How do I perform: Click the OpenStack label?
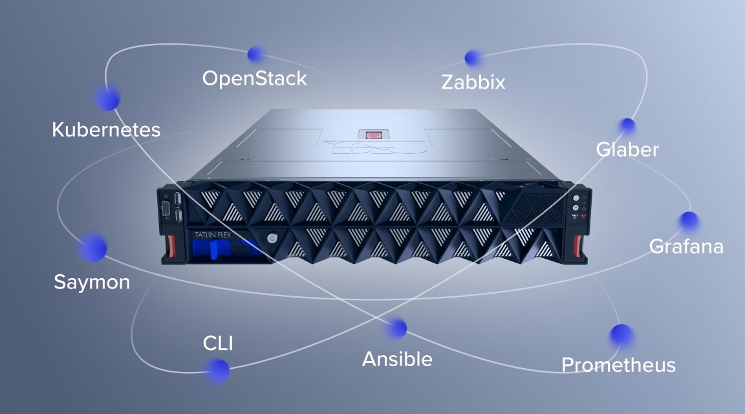255,79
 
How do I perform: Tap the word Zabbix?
473,82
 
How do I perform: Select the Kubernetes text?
106,130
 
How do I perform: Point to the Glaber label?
627,149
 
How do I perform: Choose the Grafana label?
686,246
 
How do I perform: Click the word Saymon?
92,283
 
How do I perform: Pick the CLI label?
218,343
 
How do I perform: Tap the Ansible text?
397,359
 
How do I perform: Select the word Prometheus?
619,365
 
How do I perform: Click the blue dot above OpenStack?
256,54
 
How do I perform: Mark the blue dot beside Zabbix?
472,58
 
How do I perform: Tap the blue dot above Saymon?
93,248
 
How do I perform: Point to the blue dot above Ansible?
396,329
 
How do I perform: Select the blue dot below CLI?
218,370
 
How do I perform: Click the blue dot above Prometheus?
621,336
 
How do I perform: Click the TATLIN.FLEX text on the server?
212,235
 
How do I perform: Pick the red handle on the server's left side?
170,245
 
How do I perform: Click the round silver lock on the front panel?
272,238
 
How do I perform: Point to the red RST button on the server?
584,216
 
